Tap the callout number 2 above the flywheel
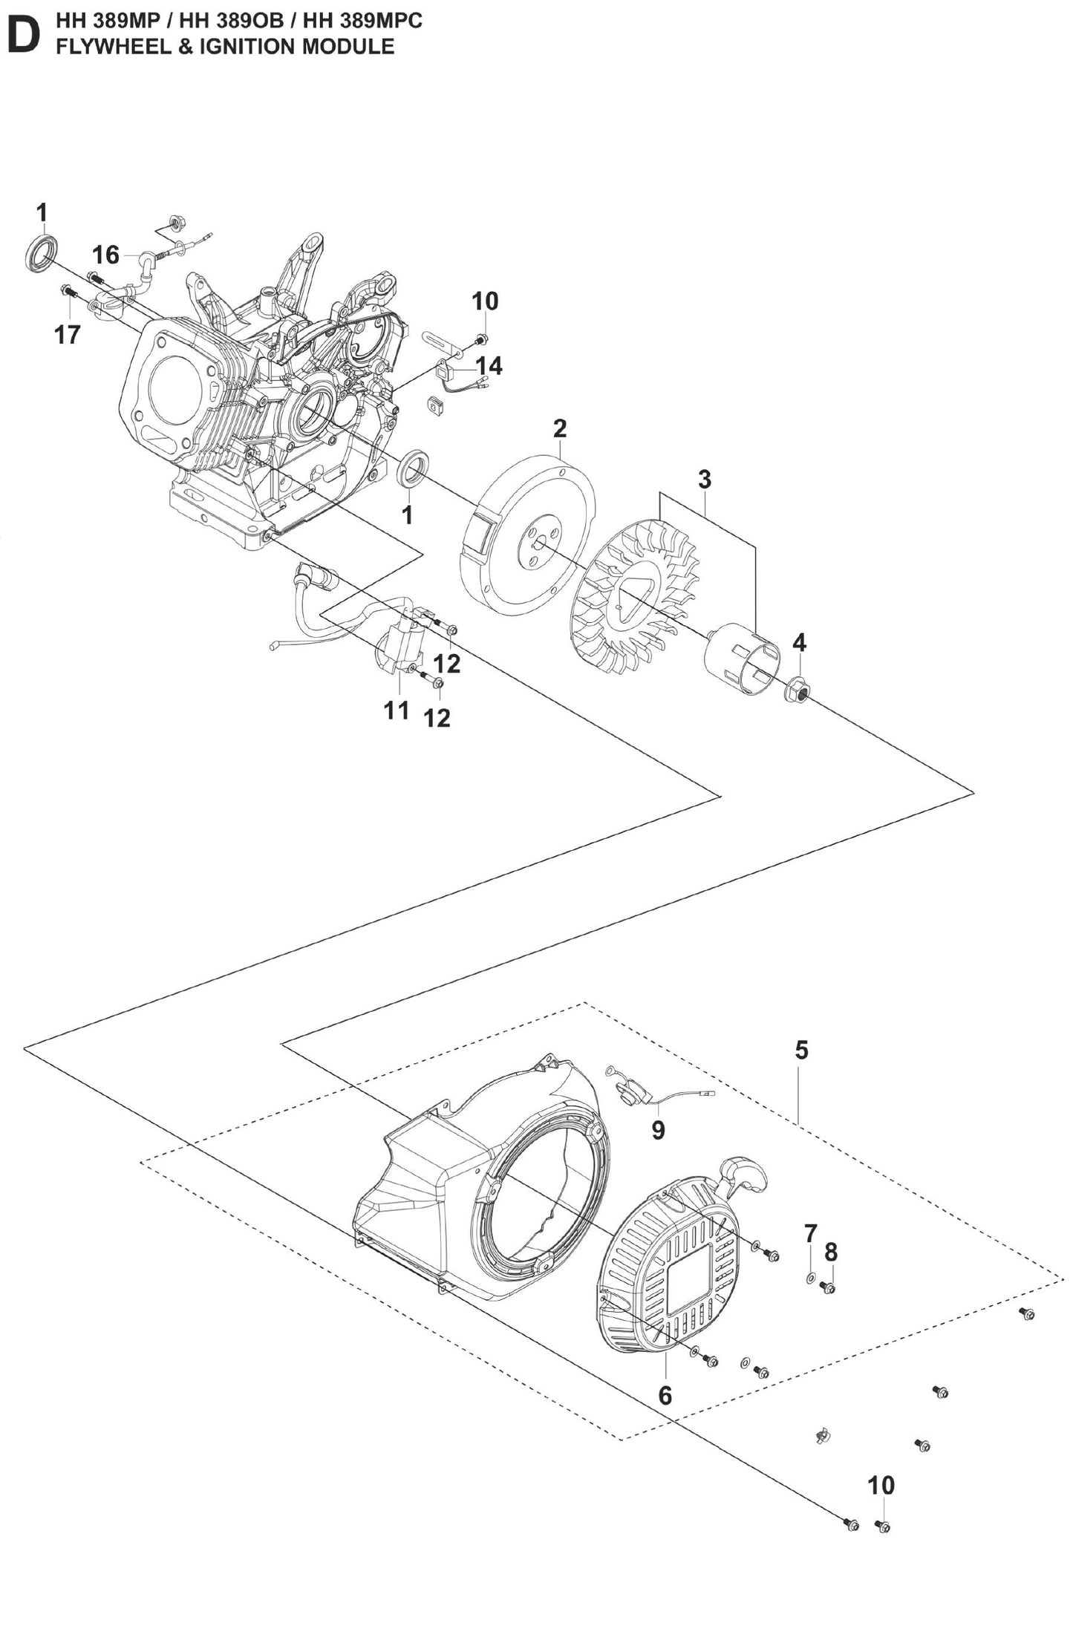(x=560, y=428)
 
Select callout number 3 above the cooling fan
(x=704, y=480)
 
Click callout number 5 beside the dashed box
(x=801, y=1051)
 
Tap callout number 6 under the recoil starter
(x=665, y=1396)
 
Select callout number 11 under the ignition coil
(x=397, y=711)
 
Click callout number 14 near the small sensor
(x=489, y=366)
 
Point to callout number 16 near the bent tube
(x=105, y=255)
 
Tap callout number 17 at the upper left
(x=67, y=335)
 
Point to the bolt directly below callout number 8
(x=828, y=1288)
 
